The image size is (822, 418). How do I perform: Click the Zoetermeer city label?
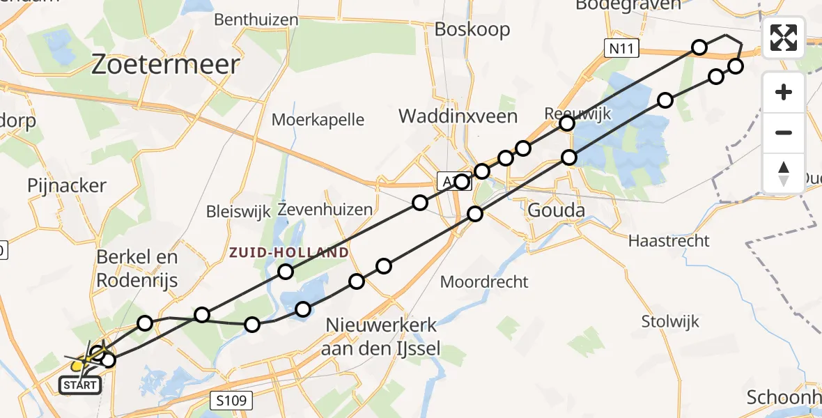166,65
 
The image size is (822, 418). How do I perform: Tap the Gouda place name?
556,210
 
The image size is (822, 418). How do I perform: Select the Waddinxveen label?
458,116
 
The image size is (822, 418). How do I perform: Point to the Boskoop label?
472,29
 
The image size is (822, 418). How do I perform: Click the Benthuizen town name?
256,20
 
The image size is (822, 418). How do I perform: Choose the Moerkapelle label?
318,119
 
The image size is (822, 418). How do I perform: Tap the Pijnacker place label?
67,185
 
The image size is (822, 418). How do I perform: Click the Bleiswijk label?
238,210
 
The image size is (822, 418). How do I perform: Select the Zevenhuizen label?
325,209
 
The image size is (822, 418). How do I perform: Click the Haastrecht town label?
669,241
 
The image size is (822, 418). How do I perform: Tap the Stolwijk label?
671,321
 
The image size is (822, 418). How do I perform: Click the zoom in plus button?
784,92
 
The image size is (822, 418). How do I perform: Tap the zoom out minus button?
784,132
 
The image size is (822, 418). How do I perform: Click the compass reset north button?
784,173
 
